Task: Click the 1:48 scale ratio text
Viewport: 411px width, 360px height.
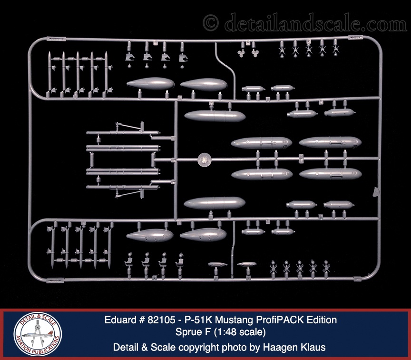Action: [240, 332]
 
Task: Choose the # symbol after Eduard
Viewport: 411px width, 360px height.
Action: [140, 320]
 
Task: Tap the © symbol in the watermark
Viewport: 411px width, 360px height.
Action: [210, 22]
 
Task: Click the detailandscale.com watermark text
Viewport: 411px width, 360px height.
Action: [315, 22]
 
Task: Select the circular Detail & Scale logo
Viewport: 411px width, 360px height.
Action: [38, 334]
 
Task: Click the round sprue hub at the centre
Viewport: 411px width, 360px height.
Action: [204, 160]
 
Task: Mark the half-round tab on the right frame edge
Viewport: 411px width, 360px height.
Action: [376, 192]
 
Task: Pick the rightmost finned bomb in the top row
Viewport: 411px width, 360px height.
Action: [335, 47]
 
